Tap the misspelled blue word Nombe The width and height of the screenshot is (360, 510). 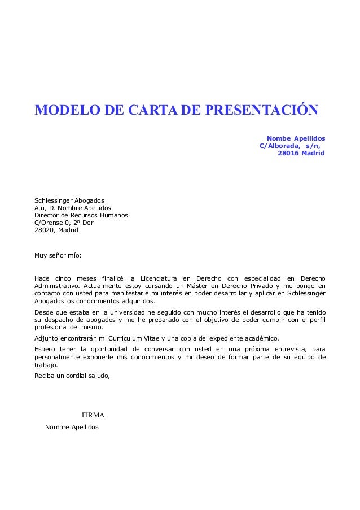point(278,138)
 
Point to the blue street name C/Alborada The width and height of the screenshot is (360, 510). point(278,146)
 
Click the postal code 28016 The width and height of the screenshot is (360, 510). point(289,153)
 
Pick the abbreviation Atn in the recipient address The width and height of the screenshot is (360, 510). point(41,208)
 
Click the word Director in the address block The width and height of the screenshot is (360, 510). point(47,215)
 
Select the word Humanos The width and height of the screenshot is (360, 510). point(113,215)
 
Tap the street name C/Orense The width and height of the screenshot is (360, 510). point(50,223)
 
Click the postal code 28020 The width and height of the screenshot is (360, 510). point(45,230)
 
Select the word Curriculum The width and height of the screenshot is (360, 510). point(109,338)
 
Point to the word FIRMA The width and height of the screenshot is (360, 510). point(93,416)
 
